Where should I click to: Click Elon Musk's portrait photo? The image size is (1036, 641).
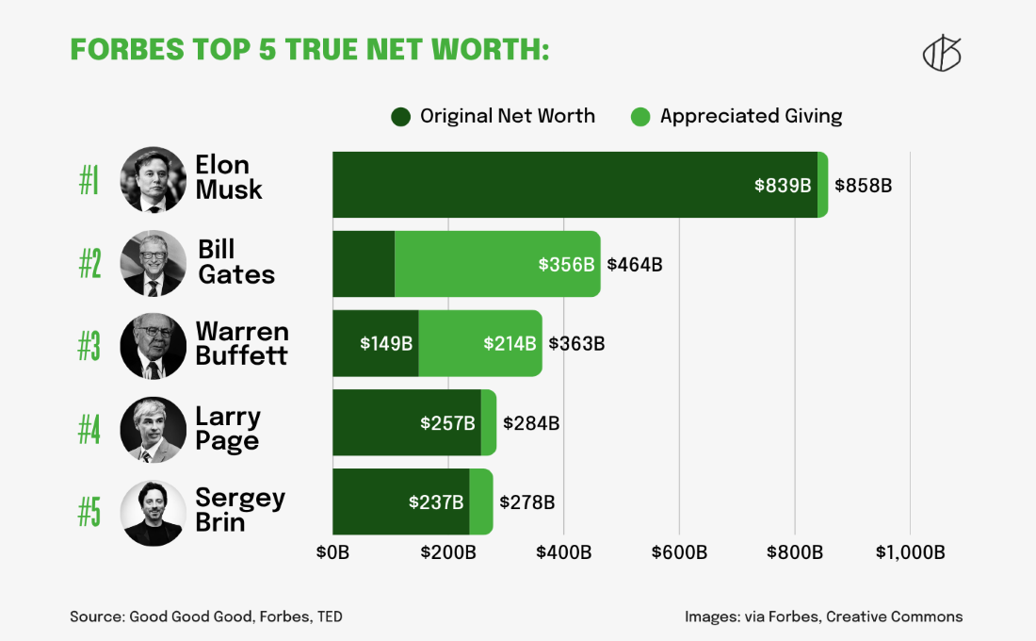154,179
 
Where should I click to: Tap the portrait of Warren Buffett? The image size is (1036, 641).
154,346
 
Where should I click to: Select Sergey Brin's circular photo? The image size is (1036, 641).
154,513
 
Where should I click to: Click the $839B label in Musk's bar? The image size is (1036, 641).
783,186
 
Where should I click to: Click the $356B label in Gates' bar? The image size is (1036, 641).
566,265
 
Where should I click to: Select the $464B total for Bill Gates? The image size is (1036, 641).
635,265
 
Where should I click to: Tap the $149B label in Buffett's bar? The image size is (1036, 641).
386,344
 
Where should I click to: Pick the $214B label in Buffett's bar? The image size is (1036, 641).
510,344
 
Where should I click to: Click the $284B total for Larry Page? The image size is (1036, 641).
531,423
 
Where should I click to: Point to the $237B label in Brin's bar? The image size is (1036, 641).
436,502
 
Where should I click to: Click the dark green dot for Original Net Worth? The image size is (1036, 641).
401,117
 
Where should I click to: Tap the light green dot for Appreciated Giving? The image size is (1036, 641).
640,117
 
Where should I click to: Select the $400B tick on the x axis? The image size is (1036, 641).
563,552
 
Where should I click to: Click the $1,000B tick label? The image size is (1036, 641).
909,552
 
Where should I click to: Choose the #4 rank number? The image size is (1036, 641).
89,430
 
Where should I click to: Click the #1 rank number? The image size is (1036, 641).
89,180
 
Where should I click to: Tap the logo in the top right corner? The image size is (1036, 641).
941,55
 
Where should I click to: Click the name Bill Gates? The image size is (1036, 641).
235,262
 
